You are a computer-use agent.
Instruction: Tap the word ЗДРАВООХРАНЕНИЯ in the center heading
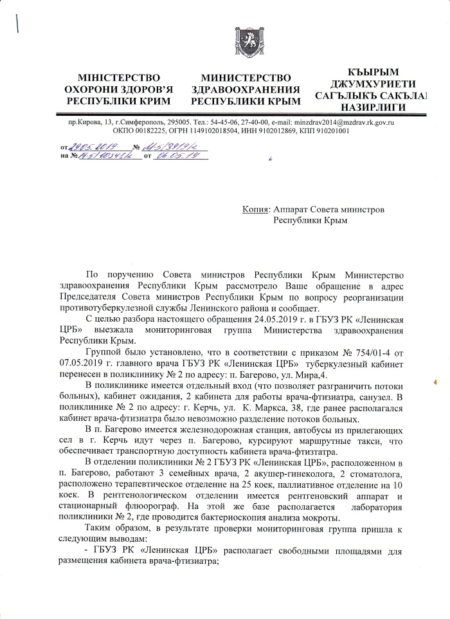[x=247, y=89]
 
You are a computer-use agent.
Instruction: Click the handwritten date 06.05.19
[x=174, y=156]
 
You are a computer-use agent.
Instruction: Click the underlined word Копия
[x=256, y=209]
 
